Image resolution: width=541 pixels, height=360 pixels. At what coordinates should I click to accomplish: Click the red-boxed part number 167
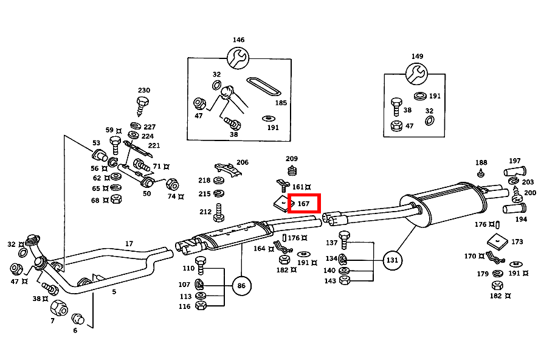304,204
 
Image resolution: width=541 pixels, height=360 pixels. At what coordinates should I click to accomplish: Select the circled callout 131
393,260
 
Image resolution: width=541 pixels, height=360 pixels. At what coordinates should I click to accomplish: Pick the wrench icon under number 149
417,74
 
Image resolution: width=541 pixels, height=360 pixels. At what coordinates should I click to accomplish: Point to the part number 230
143,89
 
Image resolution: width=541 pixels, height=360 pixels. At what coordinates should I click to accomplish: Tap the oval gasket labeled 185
264,86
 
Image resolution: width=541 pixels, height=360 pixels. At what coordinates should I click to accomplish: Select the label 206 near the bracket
242,162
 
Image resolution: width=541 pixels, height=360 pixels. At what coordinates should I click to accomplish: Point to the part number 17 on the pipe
129,244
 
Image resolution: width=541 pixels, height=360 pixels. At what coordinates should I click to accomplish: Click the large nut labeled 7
58,307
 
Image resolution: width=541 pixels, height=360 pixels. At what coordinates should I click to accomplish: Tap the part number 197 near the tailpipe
514,161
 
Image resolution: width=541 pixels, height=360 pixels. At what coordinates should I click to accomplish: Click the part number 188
481,162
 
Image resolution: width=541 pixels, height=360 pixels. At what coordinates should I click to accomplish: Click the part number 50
146,193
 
